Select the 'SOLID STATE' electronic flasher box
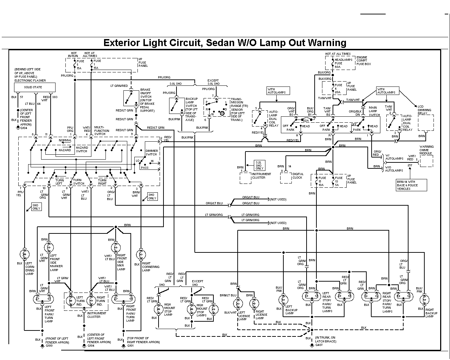[x=33, y=87]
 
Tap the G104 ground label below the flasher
[x=24, y=128]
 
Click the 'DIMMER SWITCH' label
[x=152, y=152]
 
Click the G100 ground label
[x=49, y=346]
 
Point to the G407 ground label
[x=319, y=345]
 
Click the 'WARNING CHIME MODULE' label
[x=426, y=150]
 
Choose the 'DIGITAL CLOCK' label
[x=297, y=176]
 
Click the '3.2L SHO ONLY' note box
[x=259, y=165]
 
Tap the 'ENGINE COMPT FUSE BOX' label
[x=364, y=60]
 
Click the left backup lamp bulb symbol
[x=283, y=300]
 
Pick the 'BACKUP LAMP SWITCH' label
[x=192, y=106]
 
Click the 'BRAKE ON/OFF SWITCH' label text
[x=147, y=100]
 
